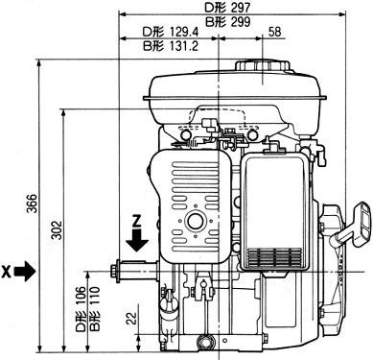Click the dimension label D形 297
pos(227,8)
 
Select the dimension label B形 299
pos(227,22)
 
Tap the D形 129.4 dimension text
pos(171,32)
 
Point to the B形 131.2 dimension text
pos(171,46)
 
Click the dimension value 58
pos(274,32)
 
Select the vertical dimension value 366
pos(32,203)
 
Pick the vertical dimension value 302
pos(58,229)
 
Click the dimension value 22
pos(131,319)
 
